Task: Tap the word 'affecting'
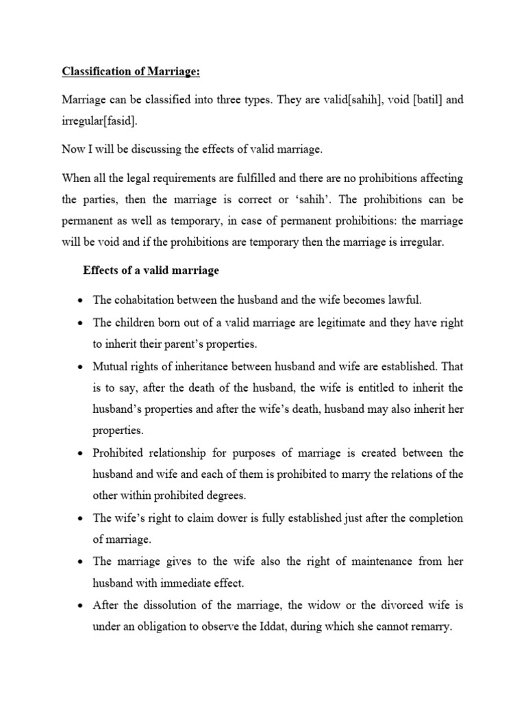pyautogui.click(x=438, y=178)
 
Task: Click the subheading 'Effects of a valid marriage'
pyautogui.click(x=151, y=270)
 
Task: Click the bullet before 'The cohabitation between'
pyautogui.click(x=82, y=301)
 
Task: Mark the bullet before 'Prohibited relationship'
pyautogui.click(x=82, y=453)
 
